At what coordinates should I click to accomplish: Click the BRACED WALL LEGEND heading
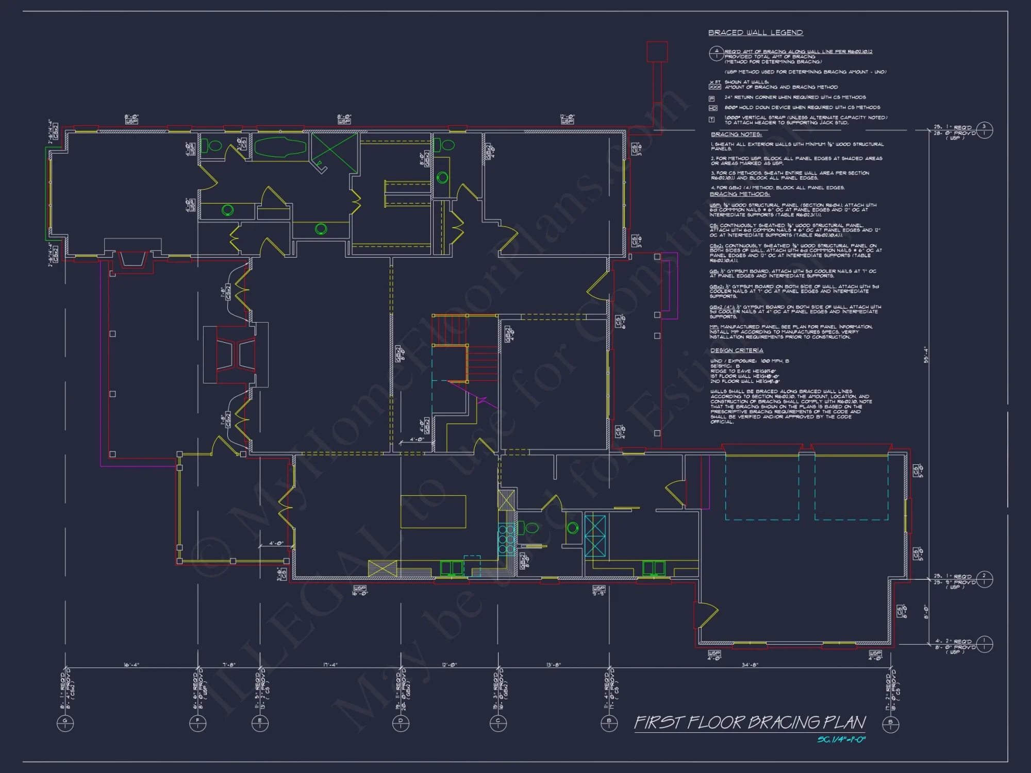pyautogui.click(x=755, y=32)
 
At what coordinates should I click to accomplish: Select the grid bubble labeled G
pyautogui.click(x=65, y=723)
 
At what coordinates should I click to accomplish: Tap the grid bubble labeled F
pyautogui.click(x=198, y=723)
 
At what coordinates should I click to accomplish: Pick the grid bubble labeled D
pyautogui.click(x=401, y=723)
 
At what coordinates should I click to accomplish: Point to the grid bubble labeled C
pyautogui.click(x=498, y=723)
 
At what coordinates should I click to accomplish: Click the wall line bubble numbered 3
pyautogui.click(x=984, y=129)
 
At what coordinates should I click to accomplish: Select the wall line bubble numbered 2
pyautogui.click(x=984, y=579)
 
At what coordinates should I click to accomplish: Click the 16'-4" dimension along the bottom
pyautogui.click(x=131, y=665)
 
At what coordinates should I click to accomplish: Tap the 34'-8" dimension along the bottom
pyautogui.click(x=750, y=665)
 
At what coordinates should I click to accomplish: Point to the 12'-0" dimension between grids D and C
pyautogui.click(x=450, y=665)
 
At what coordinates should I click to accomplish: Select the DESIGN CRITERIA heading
pyautogui.click(x=737, y=350)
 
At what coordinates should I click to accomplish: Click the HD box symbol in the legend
pyautogui.click(x=713, y=108)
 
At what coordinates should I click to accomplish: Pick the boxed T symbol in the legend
pyautogui.click(x=712, y=120)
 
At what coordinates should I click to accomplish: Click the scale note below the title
pyautogui.click(x=841, y=740)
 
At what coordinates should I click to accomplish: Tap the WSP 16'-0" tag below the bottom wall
pyautogui.click(x=360, y=590)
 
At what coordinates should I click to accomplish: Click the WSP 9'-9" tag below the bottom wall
pyautogui.click(x=598, y=590)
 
